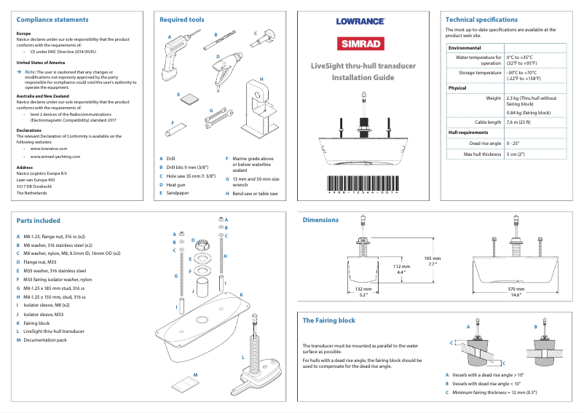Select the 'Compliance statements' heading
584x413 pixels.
click(52, 20)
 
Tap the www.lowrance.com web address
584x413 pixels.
click(50, 148)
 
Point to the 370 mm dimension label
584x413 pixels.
click(516, 289)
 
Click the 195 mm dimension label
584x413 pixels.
click(433, 259)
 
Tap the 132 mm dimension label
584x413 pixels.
click(363, 289)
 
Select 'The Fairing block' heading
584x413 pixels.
click(328, 320)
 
